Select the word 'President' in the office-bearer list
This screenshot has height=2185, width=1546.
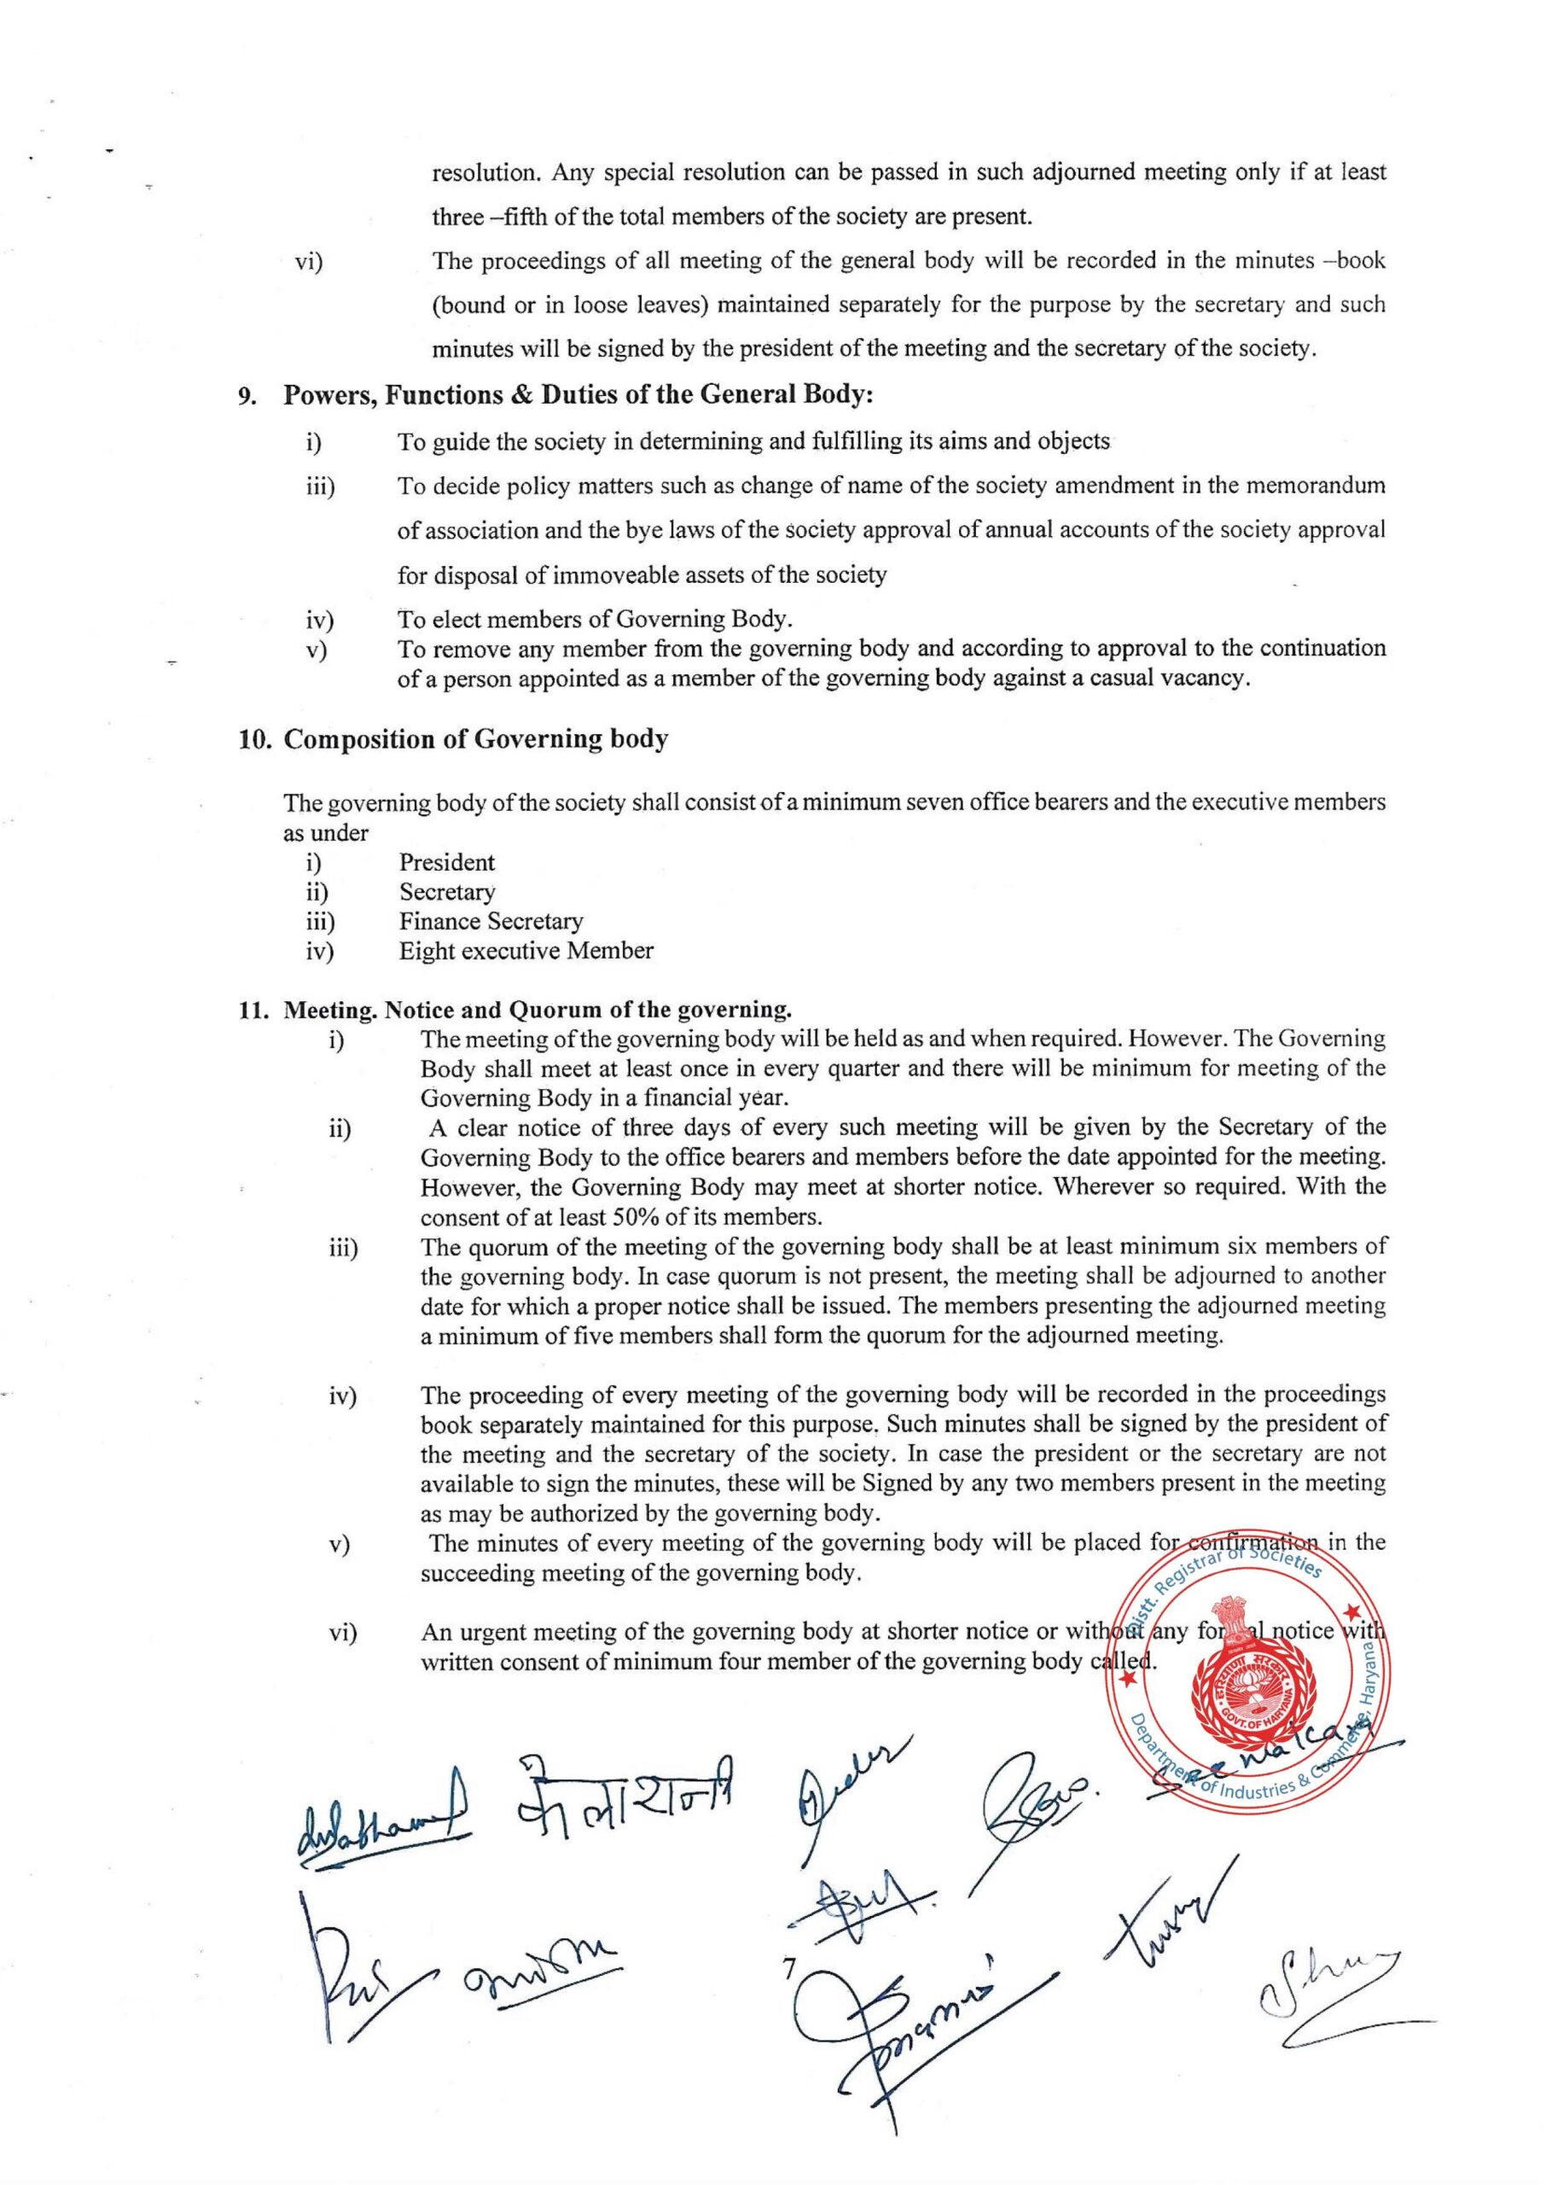tap(446, 863)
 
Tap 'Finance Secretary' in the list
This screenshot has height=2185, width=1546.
tap(491, 922)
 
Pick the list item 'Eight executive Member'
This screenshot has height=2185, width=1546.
tap(526, 951)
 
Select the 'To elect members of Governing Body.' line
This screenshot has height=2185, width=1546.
tap(595, 620)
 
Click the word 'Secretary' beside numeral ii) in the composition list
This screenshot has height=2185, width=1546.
tap(446, 892)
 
